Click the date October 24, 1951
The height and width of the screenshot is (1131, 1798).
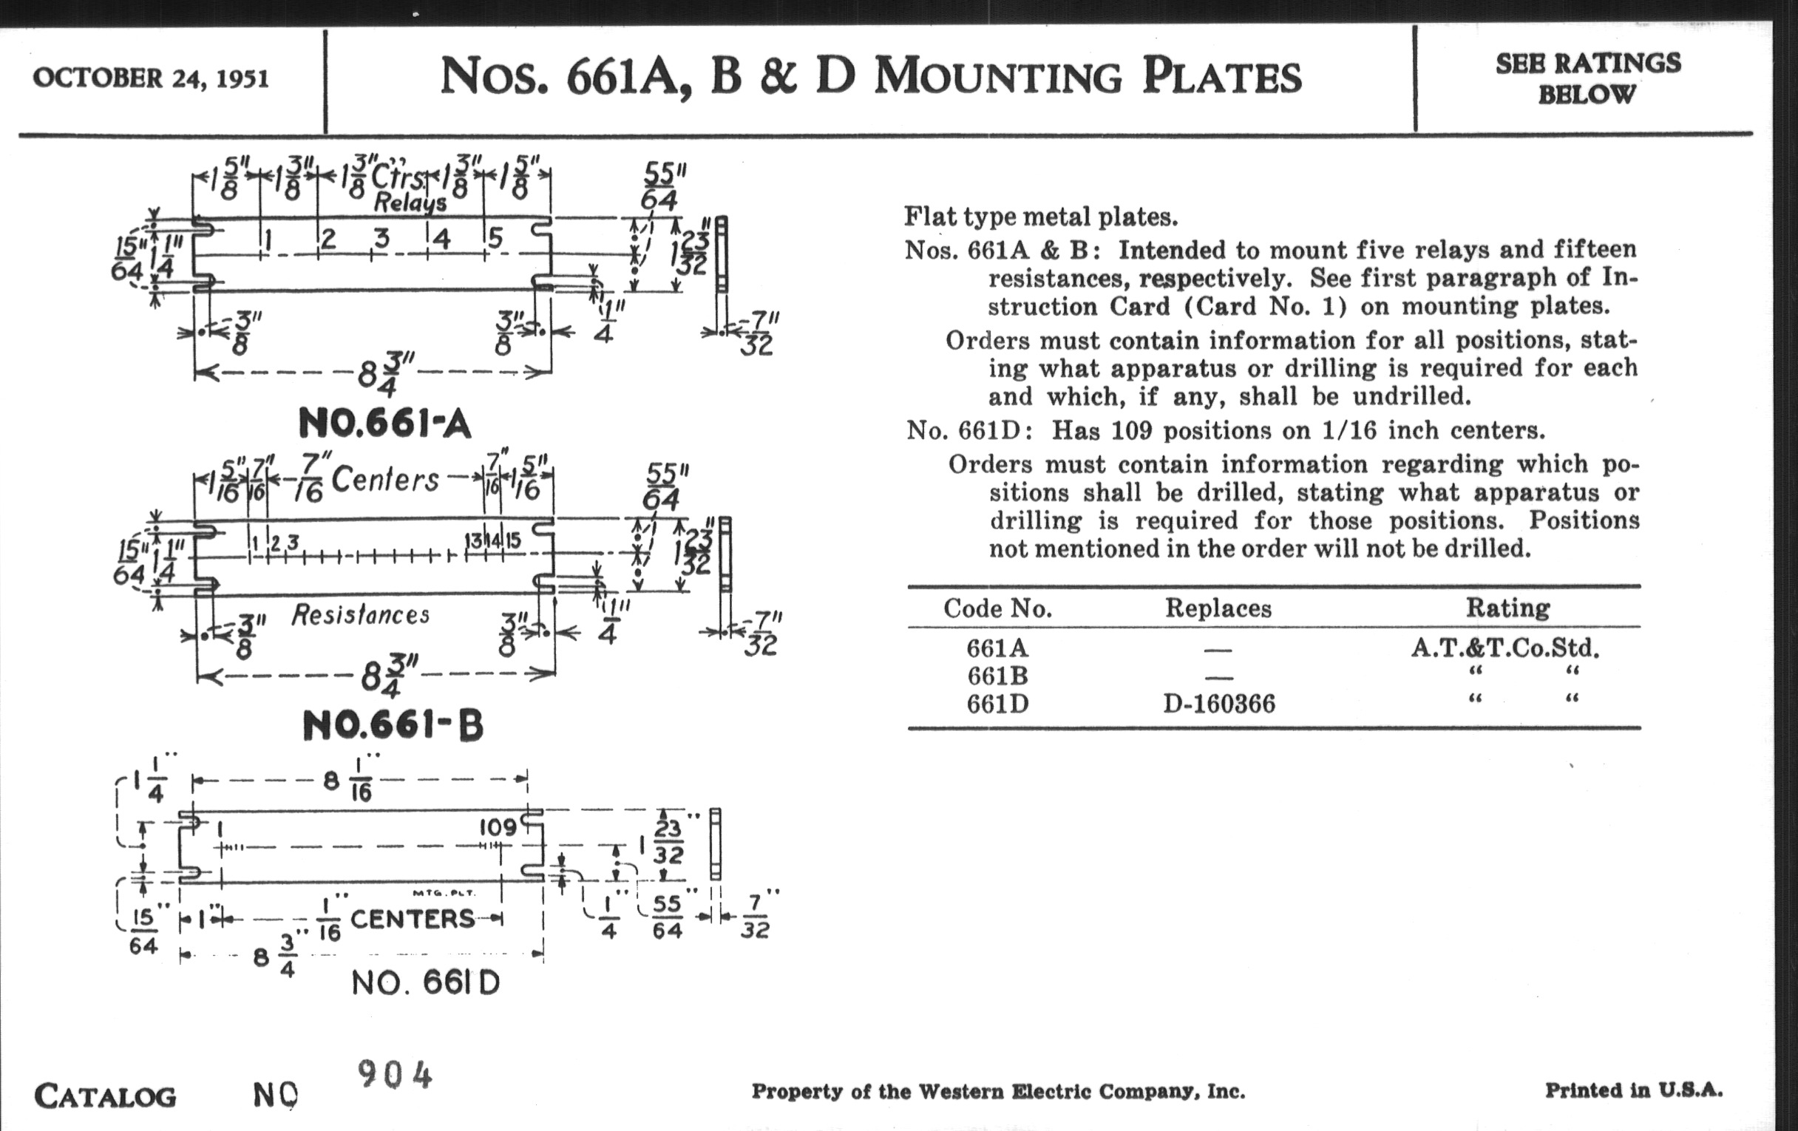coord(151,78)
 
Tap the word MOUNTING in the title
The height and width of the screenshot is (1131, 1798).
coord(997,77)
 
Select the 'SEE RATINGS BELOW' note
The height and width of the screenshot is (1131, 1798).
coord(1587,78)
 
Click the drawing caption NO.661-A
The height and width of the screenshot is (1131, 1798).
coord(384,424)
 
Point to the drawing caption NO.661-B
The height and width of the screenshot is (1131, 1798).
coord(393,725)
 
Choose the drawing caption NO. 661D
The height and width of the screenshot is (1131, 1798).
coord(426,983)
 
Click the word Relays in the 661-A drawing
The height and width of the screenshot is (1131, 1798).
coord(410,203)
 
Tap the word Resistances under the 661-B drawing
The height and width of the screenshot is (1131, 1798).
coord(360,615)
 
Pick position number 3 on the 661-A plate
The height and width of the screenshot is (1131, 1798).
coord(381,239)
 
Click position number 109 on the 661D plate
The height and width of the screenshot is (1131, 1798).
coord(498,827)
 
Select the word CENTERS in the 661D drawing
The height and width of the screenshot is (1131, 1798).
coord(413,919)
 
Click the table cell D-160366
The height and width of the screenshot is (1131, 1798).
coord(1219,704)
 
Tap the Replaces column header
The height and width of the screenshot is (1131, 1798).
coord(1218,608)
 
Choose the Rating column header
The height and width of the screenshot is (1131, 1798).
coord(1507,608)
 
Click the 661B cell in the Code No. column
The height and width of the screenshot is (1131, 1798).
coord(997,676)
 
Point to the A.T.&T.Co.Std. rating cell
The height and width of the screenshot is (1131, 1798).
coord(1505,648)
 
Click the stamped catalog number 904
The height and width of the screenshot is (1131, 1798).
coord(395,1075)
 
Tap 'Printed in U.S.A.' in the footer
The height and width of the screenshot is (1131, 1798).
coord(1634,1090)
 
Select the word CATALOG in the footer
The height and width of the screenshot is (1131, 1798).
coord(105,1097)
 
